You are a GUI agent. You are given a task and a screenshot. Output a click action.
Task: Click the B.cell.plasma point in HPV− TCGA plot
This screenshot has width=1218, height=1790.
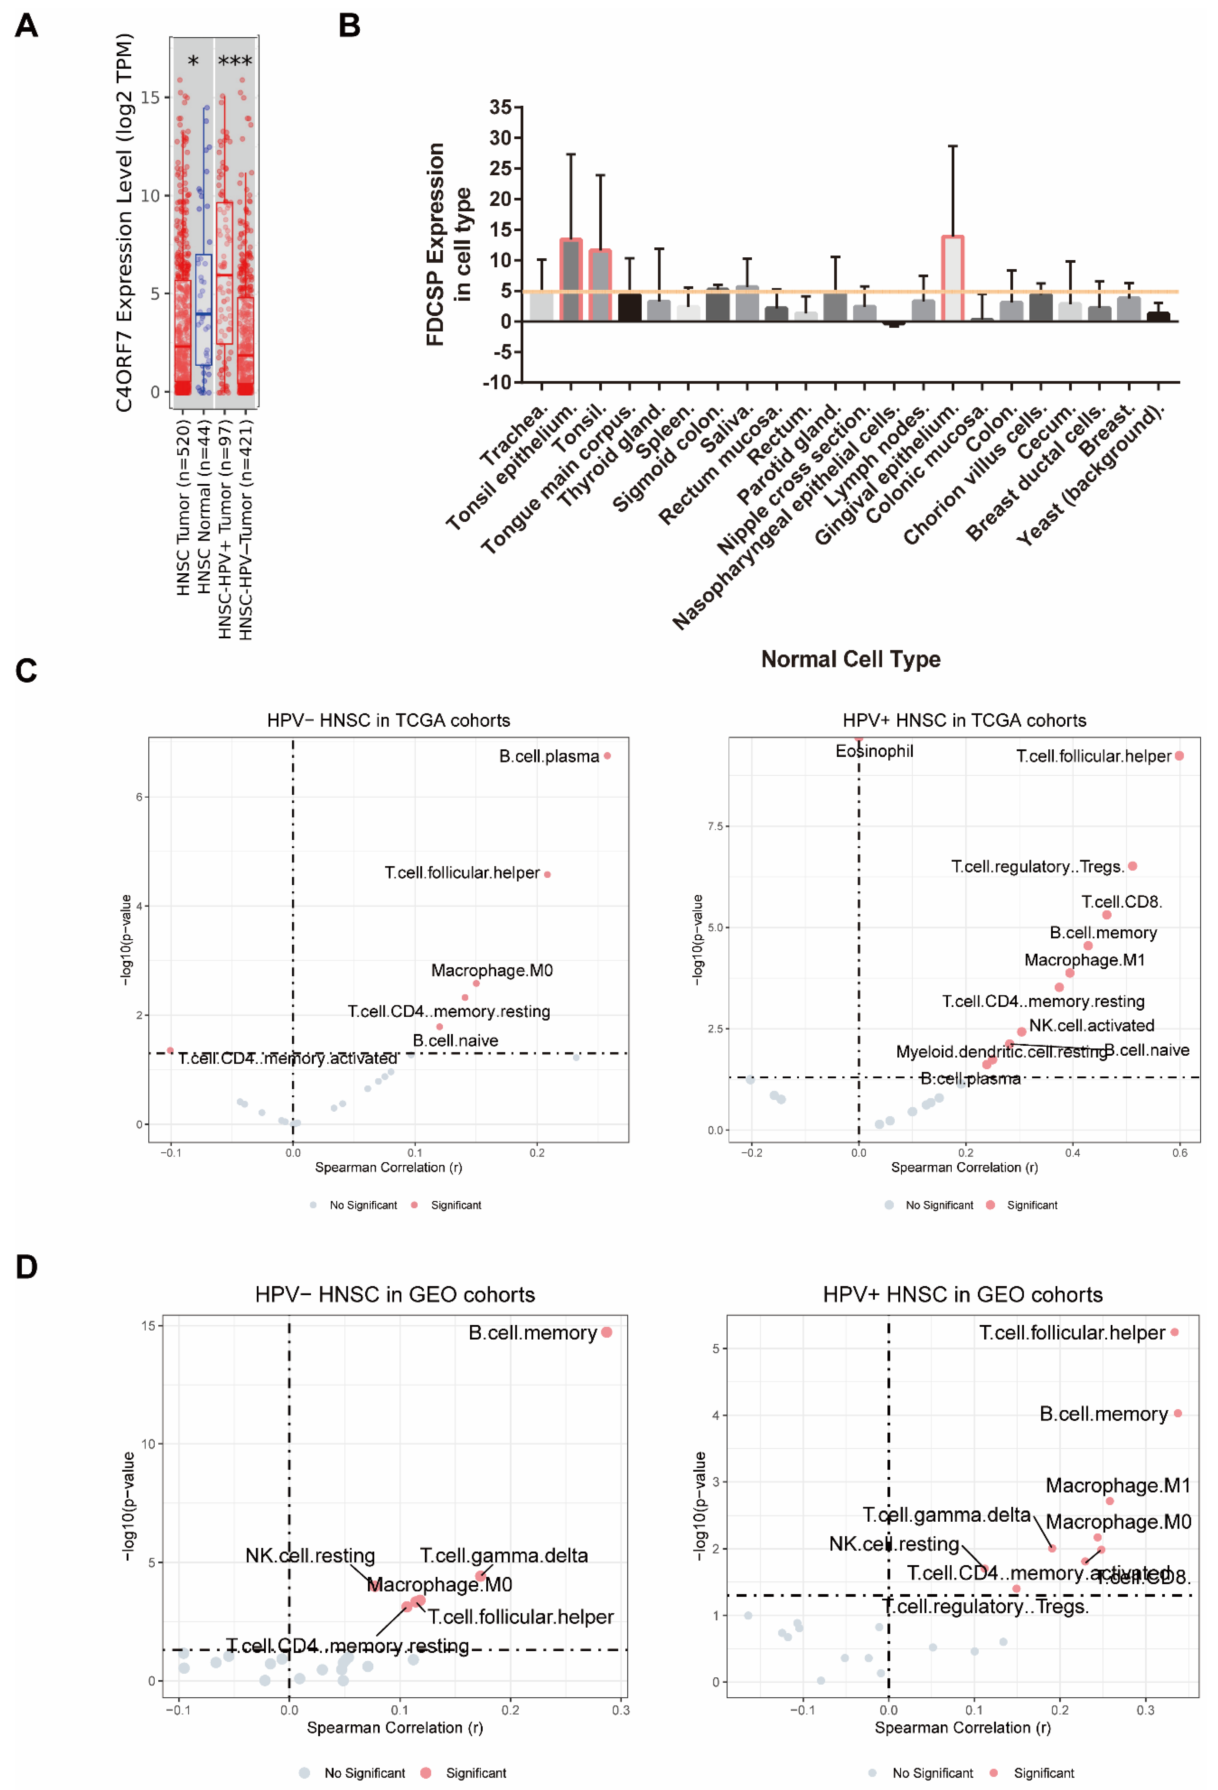(x=607, y=756)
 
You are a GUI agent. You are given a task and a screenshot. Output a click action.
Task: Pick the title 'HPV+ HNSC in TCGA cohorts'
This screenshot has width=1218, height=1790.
(x=964, y=720)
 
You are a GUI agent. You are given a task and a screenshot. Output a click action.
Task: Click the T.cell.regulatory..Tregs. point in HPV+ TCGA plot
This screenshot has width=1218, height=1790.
(x=1132, y=866)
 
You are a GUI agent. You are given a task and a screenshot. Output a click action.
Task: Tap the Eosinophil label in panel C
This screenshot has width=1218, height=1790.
(x=874, y=751)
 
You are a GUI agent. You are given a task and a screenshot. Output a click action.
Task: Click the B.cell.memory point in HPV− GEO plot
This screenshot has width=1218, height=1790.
(x=606, y=1332)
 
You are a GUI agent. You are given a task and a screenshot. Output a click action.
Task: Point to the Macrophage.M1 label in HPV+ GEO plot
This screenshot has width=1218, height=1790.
(x=1117, y=1485)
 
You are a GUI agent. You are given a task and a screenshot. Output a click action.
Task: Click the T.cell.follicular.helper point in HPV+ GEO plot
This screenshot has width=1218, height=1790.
(x=1174, y=1332)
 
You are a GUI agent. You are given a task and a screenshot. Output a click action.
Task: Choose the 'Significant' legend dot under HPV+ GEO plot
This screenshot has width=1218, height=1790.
(x=993, y=1772)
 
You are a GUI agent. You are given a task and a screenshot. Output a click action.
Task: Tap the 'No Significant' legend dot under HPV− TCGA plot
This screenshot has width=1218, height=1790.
(x=313, y=1205)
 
